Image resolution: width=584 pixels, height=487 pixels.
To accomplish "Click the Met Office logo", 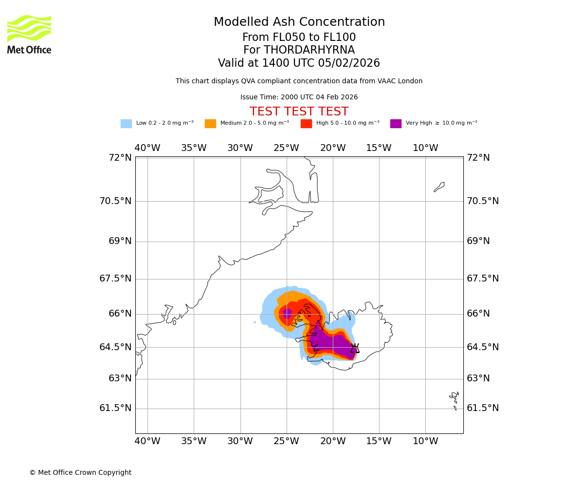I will click(x=29, y=34).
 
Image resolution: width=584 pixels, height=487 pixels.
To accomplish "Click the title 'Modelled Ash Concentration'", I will click(x=299, y=22).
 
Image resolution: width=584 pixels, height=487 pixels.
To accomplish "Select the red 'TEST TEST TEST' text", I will click(x=299, y=112).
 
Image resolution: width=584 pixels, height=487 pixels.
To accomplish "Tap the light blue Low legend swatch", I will click(x=126, y=124).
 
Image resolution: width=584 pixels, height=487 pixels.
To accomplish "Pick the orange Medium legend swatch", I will click(x=210, y=124).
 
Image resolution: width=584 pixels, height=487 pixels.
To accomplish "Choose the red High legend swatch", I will click(x=306, y=124).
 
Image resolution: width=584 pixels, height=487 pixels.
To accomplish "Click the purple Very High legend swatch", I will click(x=396, y=124).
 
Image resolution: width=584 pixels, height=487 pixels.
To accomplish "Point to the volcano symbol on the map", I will click(x=355, y=348).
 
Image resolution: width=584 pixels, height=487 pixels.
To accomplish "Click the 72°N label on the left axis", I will click(x=120, y=158).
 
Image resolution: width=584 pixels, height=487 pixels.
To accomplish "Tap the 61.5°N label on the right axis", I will click(x=483, y=408).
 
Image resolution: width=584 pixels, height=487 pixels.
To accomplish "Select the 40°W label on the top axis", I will click(x=147, y=148).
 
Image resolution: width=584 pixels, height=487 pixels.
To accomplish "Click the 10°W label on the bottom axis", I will click(x=425, y=441).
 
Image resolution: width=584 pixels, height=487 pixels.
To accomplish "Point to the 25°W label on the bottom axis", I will click(x=286, y=441).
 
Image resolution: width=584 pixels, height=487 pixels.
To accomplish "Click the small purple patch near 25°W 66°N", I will click(x=287, y=314).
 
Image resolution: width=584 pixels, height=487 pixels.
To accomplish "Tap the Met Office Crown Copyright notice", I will click(x=80, y=472).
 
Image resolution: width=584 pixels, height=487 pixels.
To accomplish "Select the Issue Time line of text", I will click(x=299, y=97).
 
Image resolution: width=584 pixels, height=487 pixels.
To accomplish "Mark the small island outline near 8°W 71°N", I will click(x=439, y=187).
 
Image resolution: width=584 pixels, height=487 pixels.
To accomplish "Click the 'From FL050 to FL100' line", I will click(x=299, y=37).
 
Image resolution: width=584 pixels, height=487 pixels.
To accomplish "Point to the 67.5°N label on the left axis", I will click(x=115, y=279).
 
